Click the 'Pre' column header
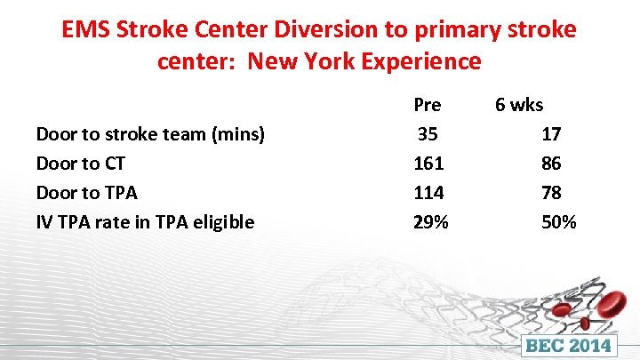(x=428, y=105)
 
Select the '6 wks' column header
(x=519, y=105)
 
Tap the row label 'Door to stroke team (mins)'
(x=150, y=134)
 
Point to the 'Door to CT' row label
(x=80, y=164)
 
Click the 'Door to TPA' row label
(x=86, y=193)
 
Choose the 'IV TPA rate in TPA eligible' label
(x=145, y=222)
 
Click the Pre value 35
(x=428, y=134)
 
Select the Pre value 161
(x=428, y=164)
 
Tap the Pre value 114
(x=428, y=193)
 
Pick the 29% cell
(x=431, y=222)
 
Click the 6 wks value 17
(x=551, y=134)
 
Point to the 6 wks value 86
(x=551, y=164)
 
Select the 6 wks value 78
(x=551, y=193)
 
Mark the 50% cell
(x=558, y=222)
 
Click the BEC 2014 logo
(x=569, y=345)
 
